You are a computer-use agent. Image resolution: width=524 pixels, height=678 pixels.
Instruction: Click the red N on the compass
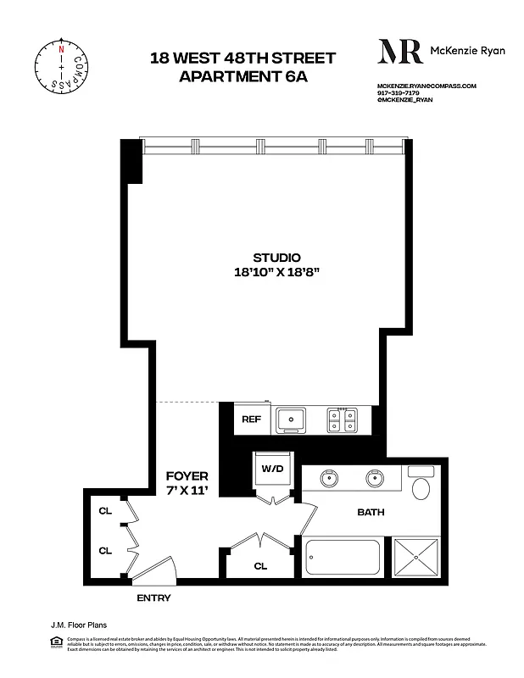(60, 48)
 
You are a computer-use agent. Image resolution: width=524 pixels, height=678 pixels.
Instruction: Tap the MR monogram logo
(400, 51)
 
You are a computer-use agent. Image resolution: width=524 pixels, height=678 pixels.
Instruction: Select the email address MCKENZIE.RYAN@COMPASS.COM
(426, 86)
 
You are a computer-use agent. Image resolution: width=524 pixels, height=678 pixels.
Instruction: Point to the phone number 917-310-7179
(398, 93)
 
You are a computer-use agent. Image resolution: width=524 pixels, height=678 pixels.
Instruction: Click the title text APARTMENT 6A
(242, 76)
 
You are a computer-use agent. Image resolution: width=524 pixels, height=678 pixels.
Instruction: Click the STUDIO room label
(276, 258)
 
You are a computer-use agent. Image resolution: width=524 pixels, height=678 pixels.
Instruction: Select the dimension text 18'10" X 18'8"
(276, 272)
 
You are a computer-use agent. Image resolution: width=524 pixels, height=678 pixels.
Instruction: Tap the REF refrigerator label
(252, 420)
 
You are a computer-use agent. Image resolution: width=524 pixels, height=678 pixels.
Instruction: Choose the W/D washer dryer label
(273, 469)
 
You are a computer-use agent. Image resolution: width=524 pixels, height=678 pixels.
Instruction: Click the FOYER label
(187, 477)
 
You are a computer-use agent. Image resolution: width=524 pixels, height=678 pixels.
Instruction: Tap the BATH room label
(371, 512)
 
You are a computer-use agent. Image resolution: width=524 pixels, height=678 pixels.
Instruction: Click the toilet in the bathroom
(421, 486)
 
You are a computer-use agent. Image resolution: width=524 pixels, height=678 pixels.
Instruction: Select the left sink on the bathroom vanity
(329, 479)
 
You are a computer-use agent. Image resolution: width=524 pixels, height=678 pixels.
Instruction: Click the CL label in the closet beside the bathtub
(260, 566)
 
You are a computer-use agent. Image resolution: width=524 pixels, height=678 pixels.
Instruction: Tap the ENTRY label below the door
(153, 598)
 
